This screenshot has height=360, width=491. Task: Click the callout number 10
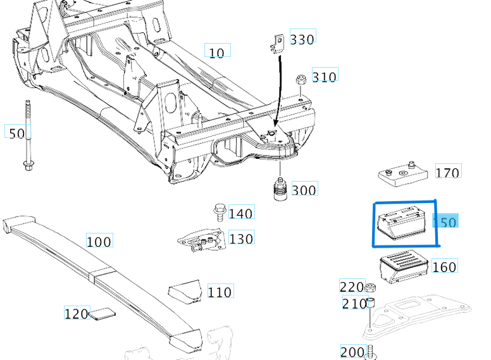[x=217, y=52]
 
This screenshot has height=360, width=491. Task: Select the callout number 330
[x=302, y=39]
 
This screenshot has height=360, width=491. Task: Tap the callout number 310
[x=324, y=77]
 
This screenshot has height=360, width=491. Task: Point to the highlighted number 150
[x=444, y=221]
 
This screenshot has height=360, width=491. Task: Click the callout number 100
[x=99, y=241]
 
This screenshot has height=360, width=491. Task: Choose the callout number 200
[x=352, y=352]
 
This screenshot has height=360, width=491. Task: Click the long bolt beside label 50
[x=28, y=136]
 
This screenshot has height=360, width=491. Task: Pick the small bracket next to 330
[x=275, y=43]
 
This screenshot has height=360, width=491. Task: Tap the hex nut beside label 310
[x=302, y=80]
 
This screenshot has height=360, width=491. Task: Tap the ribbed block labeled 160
[x=403, y=266]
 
